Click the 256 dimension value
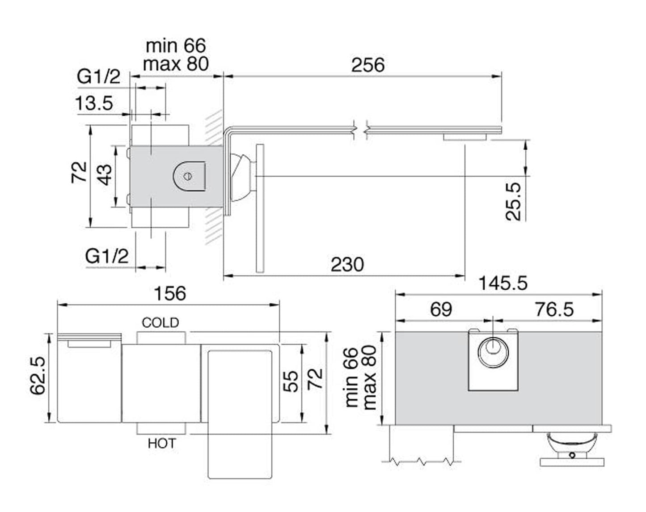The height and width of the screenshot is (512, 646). point(367,65)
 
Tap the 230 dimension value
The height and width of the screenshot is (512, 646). point(347,265)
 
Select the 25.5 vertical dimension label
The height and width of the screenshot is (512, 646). point(514,201)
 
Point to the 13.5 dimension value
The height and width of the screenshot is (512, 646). point(94,104)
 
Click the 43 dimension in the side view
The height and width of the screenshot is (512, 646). point(105,175)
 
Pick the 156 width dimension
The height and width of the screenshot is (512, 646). point(169,294)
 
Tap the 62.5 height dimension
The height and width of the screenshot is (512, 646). point(38,376)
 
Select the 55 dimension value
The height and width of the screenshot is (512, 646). point(291,381)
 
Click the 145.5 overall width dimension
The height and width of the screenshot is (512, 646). point(503,283)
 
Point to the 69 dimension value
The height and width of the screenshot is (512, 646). point(441,309)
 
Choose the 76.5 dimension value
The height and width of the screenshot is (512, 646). point(554,309)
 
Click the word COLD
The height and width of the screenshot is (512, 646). point(160,322)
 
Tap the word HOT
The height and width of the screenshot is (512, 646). point(161,444)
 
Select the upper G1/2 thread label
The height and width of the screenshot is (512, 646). point(99,77)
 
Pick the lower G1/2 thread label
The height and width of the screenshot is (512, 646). point(107,257)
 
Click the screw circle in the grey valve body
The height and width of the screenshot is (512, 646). point(188,176)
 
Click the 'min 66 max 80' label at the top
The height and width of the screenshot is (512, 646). point(176,55)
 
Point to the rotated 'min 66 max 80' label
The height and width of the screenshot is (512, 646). point(361,378)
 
